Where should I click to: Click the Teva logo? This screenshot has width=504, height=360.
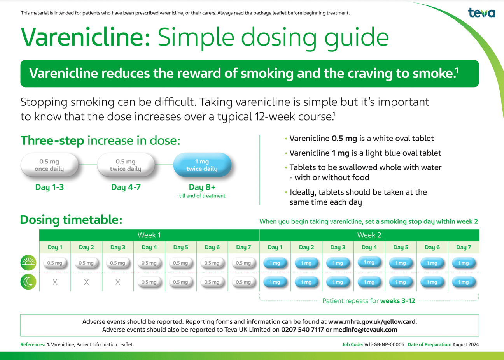click(482, 13)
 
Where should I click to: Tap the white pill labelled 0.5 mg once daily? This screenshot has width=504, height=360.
click(49, 165)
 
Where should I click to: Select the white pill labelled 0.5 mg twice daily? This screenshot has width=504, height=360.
click(126, 165)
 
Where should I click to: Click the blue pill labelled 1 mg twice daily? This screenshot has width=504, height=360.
click(202, 165)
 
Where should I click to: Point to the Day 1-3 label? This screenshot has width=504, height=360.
click(49, 187)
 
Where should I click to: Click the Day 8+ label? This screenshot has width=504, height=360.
click(202, 187)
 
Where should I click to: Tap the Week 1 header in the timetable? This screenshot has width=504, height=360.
click(149, 235)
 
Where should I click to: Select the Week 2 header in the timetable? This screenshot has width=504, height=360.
click(369, 235)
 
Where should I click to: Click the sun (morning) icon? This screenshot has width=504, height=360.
click(28, 263)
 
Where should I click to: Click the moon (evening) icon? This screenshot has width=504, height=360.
click(28, 282)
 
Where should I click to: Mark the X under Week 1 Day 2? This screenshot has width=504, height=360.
click(86, 282)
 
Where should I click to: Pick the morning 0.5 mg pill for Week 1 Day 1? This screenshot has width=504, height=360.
click(55, 263)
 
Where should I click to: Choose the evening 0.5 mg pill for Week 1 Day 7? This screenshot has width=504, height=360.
click(243, 282)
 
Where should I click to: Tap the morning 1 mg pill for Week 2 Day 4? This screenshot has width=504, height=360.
click(369, 262)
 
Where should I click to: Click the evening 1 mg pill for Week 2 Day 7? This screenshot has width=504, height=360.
click(464, 282)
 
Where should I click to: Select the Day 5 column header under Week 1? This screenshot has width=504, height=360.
click(181, 247)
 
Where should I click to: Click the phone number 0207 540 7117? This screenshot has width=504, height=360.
click(303, 330)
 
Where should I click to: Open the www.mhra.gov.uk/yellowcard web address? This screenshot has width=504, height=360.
click(372, 322)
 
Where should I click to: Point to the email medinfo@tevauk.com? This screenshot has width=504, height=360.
click(365, 330)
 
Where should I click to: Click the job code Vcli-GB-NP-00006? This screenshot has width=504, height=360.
click(384, 344)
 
